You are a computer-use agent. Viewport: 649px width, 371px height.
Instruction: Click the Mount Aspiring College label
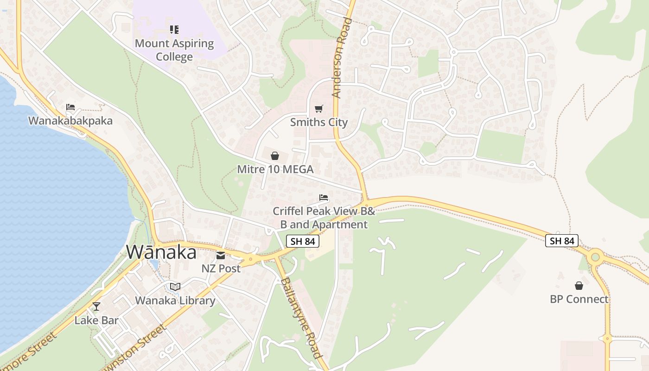click(x=174, y=50)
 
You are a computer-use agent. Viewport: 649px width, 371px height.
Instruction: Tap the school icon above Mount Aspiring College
click(x=174, y=30)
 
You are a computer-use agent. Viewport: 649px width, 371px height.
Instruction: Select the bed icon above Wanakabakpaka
click(x=70, y=107)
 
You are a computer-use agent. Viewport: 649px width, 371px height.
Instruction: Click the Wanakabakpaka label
click(x=70, y=121)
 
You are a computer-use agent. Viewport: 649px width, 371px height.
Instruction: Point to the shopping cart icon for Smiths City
click(x=318, y=109)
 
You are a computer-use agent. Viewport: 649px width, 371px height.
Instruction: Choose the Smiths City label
click(x=318, y=122)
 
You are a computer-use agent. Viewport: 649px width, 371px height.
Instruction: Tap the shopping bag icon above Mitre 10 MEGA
click(x=275, y=156)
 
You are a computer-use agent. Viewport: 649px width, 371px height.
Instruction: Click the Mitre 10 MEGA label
click(x=275, y=169)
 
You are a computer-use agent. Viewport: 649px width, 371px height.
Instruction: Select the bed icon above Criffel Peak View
click(x=324, y=198)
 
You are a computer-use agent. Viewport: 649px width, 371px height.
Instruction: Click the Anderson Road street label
click(x=342, y=58)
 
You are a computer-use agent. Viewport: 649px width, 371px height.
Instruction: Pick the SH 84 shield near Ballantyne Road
click(x=303, y=241)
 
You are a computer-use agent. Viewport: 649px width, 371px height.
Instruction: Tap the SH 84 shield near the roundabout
click(x=562, y=241)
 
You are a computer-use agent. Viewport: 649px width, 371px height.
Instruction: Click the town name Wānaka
click(x=161, y=252)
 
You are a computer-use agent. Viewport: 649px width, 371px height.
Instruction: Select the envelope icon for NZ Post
click(x=221, y=255)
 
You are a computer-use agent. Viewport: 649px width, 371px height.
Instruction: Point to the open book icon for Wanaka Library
click(x=175, y=287)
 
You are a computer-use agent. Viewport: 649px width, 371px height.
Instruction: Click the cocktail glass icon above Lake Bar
click(x=96, y=306)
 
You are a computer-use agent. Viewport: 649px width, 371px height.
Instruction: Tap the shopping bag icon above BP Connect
click(x=579, y=286)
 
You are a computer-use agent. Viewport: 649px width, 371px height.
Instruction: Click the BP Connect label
click(x=579, y=299)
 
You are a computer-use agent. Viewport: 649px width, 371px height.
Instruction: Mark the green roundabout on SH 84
click(x=595, y=256)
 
